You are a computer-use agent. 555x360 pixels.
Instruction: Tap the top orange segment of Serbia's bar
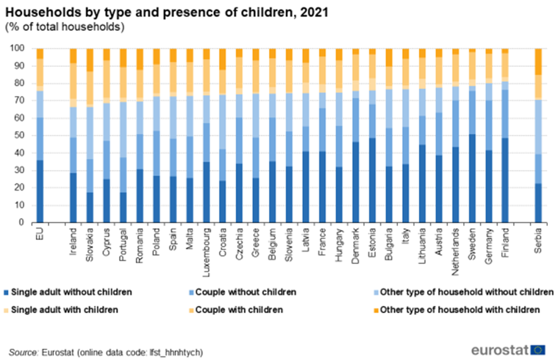click(x=538, y=62)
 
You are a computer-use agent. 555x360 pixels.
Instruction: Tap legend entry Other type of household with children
click(x=460, y=309)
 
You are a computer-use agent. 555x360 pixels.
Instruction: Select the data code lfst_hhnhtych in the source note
click(x=174, y=352)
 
